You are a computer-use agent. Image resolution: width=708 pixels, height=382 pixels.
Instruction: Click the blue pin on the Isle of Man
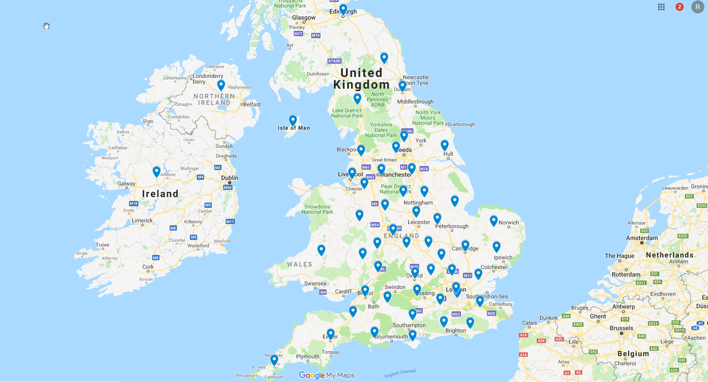(293, 120)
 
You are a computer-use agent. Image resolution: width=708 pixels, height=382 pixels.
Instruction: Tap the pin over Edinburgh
(343, 9)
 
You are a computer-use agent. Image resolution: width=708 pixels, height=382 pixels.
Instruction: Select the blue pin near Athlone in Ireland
(157, 171)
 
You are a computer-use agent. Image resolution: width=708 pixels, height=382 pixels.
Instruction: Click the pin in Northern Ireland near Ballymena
(221, 85)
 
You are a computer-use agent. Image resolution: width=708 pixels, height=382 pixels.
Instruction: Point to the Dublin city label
(230, 178)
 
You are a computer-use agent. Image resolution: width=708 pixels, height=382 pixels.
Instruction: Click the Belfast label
(252, 104)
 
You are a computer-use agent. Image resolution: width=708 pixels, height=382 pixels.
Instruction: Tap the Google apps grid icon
(661, 7)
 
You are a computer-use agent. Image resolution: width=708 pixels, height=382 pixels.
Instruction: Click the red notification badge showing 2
(680, 7)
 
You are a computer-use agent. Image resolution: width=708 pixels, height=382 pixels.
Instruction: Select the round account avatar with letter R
(697, 7)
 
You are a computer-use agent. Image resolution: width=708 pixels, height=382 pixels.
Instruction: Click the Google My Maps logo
(327, 375)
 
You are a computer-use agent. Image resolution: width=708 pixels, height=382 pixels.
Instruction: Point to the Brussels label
(621, 328)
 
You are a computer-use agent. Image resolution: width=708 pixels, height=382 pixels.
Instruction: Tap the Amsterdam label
(642, 238)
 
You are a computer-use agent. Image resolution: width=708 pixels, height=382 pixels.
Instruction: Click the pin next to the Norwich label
(494, 220)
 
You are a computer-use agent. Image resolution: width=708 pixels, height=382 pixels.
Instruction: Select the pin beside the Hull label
(445, 145)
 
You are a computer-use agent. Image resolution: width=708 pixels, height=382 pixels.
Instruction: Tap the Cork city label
(148, 267)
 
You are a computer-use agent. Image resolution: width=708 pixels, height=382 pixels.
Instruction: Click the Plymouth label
(308, 356)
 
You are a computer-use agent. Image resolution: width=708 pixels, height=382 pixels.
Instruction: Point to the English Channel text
(400, 373)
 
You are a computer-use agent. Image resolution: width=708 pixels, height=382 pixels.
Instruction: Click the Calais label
(529, 323)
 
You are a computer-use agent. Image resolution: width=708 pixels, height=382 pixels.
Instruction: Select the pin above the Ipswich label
(497, 246)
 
